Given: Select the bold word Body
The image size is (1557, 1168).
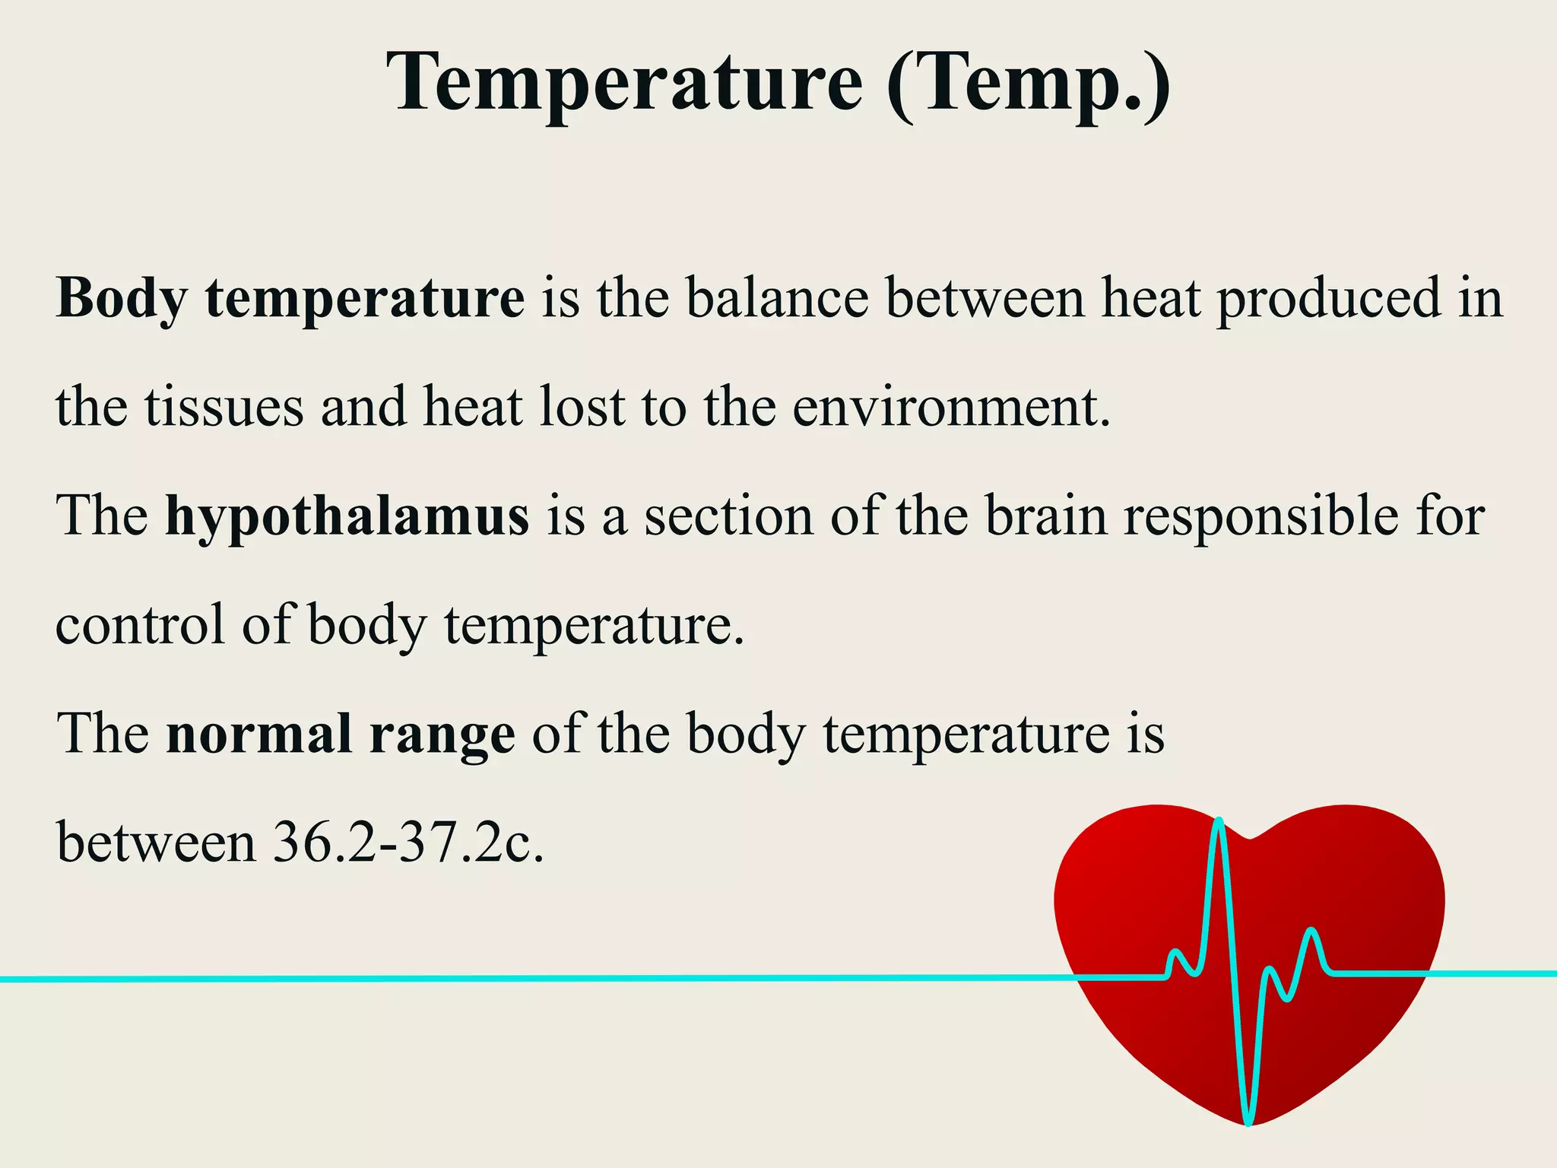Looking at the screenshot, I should point(121,298).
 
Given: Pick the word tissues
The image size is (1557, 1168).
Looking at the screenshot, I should point(224,407).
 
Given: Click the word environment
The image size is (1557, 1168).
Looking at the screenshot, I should point(950,407).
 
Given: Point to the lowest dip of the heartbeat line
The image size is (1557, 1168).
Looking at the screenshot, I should point(1248,1121).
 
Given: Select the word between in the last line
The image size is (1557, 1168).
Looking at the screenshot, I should point(156,843).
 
